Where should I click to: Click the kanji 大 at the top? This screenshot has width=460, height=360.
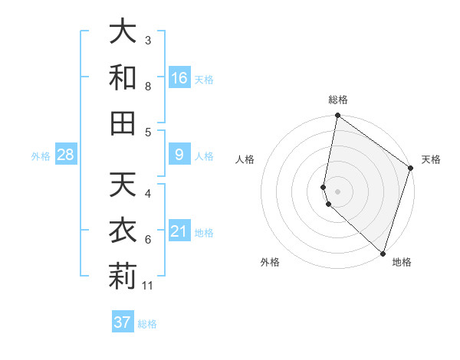click(x=123, y=31)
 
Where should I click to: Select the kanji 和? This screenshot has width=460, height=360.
click(x=123, y=77)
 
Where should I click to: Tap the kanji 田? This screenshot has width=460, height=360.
click(x=123, y=123)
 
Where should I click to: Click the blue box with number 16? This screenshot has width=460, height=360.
click(x=179, y=78)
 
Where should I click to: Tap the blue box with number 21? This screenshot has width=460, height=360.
click(x=179, y=232)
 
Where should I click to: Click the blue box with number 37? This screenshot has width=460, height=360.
click(x=123, y=322)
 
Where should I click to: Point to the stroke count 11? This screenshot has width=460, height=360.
click(x=149, y=286)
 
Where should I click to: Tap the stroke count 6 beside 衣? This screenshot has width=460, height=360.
click(x=149, y=240)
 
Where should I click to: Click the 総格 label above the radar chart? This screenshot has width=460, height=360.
click(x=338, y=100)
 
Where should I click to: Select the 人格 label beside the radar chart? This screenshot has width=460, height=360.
click(x=245, y=159)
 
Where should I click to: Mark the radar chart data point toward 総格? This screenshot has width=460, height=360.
click(x=337, y=116)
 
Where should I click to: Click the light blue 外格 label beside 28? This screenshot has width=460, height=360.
click(x=41, y=156)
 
